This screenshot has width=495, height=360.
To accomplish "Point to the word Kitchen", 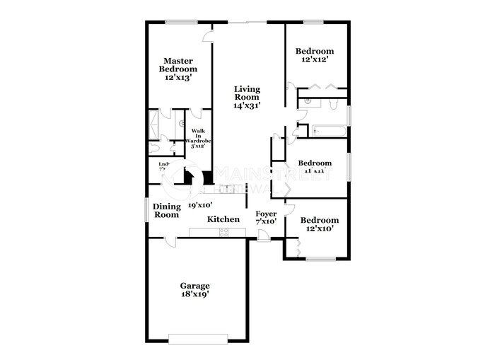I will coord(223,220).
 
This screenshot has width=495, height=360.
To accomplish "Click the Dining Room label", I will coord(167,210).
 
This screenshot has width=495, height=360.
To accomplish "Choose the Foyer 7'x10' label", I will coord(266,217).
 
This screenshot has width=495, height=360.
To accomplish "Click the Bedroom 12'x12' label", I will coord(315,56).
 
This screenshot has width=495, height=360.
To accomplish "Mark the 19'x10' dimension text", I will coord(200,205).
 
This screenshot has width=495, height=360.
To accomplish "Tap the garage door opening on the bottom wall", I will coord(198,337).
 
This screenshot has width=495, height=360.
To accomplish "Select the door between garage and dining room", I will coord(170,242).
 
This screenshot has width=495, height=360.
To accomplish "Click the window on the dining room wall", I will coord(147,210).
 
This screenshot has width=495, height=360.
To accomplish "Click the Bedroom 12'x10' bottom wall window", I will coord(320,259).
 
